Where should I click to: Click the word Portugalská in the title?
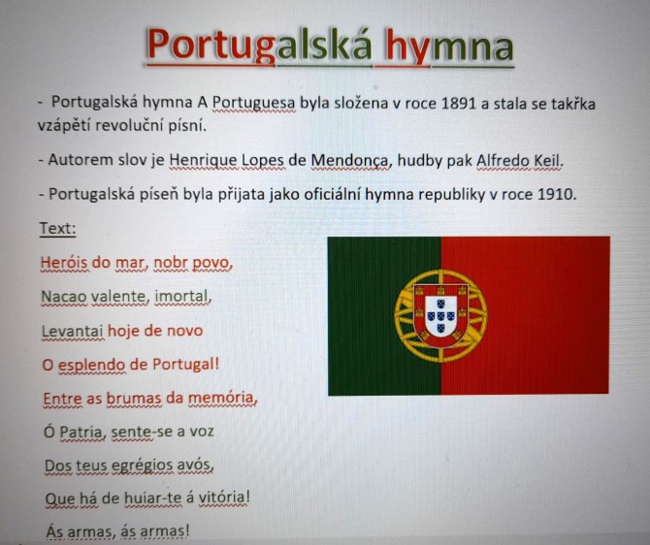(x=260, y=46)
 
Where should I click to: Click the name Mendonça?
(x=350, y=160)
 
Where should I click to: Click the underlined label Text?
(x=58, y=228)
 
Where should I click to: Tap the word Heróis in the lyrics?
(x=64, y=263)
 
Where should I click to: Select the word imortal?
(x=181, y=297)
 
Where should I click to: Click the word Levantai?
(x=73, y=331)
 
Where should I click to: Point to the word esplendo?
(x=91, y=366)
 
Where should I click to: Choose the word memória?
(x=221, y=398)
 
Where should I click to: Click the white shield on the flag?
(x=440, y=316)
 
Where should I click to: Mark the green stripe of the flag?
(x=384, y=316)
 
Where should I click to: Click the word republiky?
(x=451, y=194)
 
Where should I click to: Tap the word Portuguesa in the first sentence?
(x=254, y=103)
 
